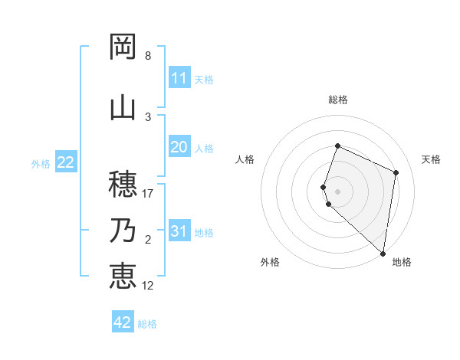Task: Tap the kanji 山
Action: pyautogui.click(x=123, y=107)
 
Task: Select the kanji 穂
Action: pyautogui.click(x=123, y=184)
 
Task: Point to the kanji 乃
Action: pyautogui.click(x=123, y=231)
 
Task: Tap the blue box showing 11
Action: pyautogui.click(x=179, y=78)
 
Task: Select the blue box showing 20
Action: pyautogui.click(x=179, y=148)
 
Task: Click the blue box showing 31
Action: pyautogui.click(x=179, y=232)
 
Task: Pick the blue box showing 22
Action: pyautogui.click(x=66, y=162)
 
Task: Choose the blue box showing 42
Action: pyautogui.click(x=123, y=322)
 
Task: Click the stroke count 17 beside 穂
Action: pyautogui.click(x=148, y=194)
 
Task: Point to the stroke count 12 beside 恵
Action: pyautogui.click(x=148, y=286)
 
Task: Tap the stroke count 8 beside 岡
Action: pyautogui.click(x=148, y=56)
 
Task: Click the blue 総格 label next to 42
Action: pyautogui.click(x=147, y=324)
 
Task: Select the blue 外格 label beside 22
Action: pyautogui.click(x=41, y=163)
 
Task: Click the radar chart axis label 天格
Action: pyautogui.click(x=431, y=159)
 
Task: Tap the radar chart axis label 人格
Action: pyautogui.click(x=245, y=159)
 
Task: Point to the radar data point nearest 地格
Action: pyautogui.click(x=383, y=254)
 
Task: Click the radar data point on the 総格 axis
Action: pyautogui.click(x=337, y=146)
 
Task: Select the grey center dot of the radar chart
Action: pyautogui.click(x=337, y=190)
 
